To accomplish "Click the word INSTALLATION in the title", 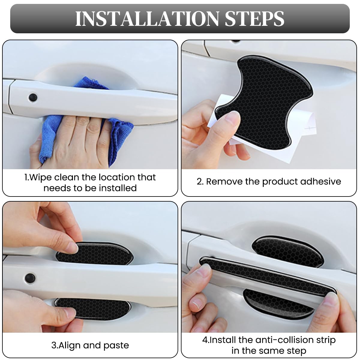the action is (x=147, y=19).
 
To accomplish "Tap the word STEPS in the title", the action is (x=254, y=19).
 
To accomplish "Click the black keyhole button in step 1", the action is (x=33, y=97).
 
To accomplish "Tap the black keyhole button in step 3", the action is (x=30, y=278).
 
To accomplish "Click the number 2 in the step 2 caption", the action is (x=199, y=181).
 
